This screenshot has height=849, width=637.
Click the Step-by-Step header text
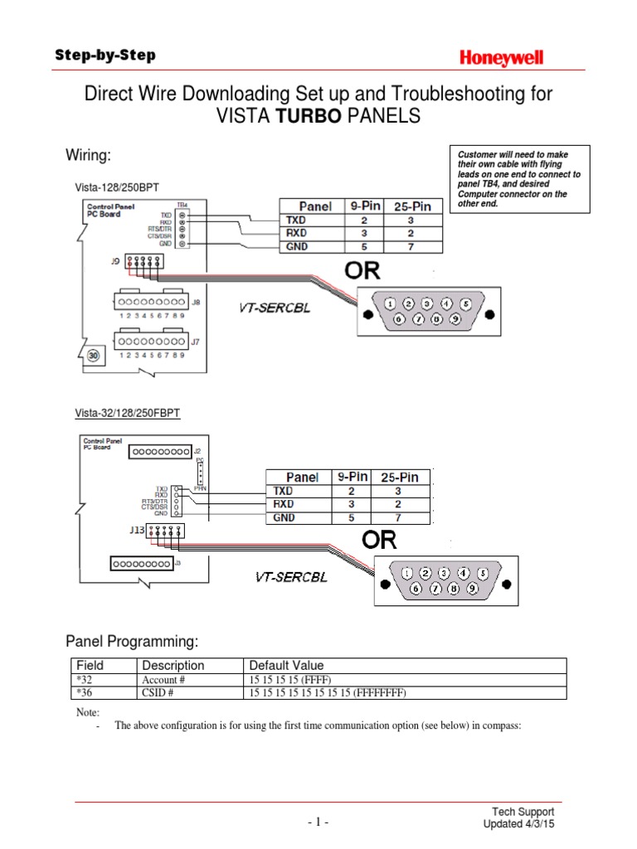105,56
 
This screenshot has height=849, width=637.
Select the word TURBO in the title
309,117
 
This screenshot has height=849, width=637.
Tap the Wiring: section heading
88,156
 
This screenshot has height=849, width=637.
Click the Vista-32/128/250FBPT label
128,411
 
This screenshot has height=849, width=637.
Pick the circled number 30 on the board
94,355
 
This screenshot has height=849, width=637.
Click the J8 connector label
196,303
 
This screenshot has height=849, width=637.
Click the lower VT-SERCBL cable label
290,577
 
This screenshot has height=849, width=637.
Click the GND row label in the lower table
285,517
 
